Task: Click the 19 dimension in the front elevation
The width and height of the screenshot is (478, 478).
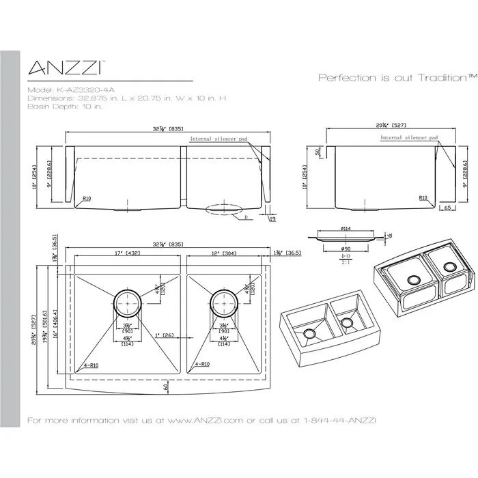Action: [272, 220]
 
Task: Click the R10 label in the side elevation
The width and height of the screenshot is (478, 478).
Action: [423, 198]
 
